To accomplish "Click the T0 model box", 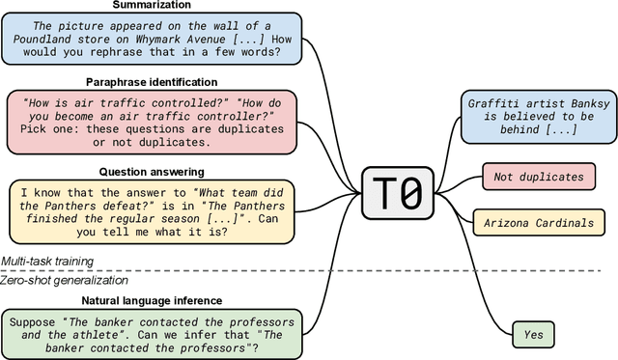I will tap(397, 193).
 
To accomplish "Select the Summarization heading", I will tap(152, 6).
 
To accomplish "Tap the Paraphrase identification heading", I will tap(152, 82).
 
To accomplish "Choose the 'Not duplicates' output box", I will tap(538, 177).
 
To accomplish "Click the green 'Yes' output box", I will tap(532, 336).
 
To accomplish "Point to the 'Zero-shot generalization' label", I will tap(64, 280).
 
